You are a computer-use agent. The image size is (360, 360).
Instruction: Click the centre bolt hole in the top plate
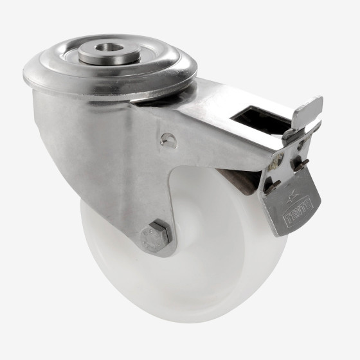click(110, 50)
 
